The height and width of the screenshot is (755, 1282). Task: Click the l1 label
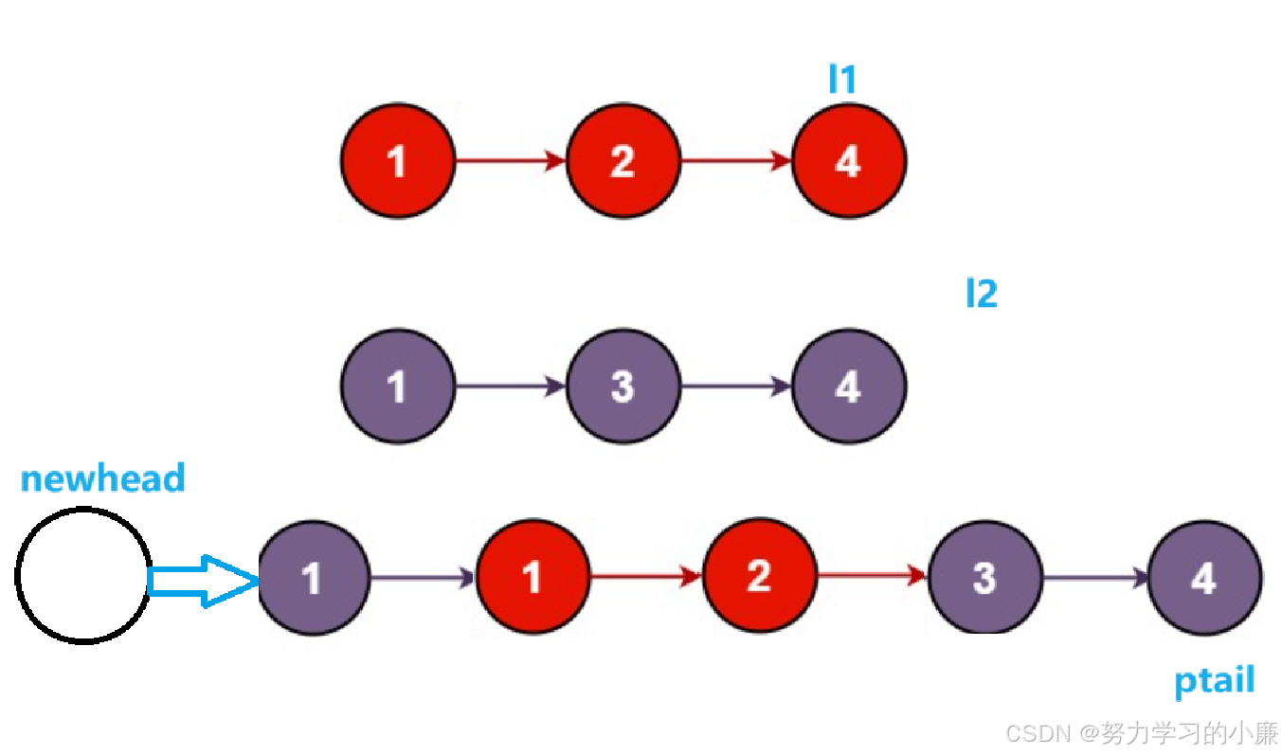(x=841, y=79)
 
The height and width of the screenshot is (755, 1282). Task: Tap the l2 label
(x=981, y=294)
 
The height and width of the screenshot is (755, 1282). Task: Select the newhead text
(x=102, y=478)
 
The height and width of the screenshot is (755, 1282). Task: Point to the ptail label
(x=1214, y=680)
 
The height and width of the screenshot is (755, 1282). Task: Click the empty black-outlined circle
(x=83, y=575)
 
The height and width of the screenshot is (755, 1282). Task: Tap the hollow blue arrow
(x=203, y=580)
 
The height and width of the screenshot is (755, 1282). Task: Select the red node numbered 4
(x=848, y=161)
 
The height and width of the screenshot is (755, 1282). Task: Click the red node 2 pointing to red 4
(x=623, y=161)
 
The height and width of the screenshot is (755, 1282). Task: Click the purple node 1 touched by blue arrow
(x=313, y=578)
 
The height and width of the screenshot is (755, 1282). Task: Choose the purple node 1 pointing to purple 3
(x=397, y=386)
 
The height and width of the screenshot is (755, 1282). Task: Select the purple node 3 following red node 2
(x=984, y=577)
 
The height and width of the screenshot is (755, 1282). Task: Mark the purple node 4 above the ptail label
(x=1203, y=577)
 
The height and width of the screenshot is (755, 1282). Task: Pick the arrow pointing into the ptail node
(x=1095, y=577)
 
